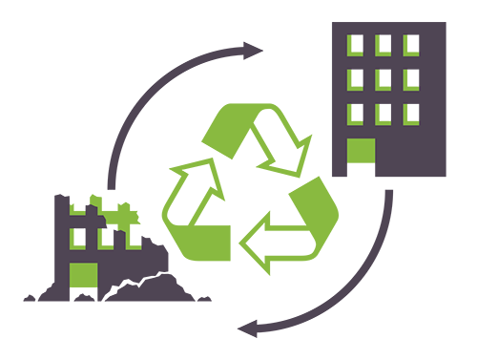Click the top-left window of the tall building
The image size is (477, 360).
point(354,44)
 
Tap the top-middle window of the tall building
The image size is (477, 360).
point(382,44)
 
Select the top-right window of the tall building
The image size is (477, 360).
point(409,44)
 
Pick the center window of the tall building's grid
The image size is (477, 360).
point(382,78)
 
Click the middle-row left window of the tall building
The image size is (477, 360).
point(354,78)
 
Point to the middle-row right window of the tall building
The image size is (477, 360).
point(409,78)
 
